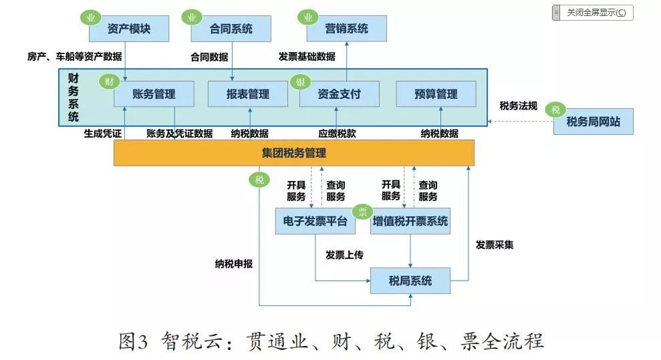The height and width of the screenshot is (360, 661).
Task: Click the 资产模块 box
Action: click(129, 29)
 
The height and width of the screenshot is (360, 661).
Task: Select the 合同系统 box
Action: click(231, 29)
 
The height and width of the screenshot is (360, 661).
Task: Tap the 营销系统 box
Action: click(347, 29)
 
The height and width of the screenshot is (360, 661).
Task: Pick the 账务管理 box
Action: click(154, 94)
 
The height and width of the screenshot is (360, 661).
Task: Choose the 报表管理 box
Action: click(248, 94)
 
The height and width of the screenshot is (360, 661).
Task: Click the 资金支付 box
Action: click(339, 94)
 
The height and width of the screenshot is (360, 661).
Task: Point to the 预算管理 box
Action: click(436, 94)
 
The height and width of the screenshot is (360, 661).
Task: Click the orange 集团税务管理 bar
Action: click(294, 153)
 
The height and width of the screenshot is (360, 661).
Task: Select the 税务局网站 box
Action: click(593, 122)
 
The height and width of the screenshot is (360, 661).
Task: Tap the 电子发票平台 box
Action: click(315, 221)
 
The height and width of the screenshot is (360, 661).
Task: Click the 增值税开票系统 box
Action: click(410, 221)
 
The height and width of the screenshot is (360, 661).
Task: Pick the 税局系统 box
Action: click(410, 281)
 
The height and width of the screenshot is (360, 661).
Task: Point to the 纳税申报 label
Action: click(234, 263)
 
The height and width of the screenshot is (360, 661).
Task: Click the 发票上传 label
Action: click(345, 254)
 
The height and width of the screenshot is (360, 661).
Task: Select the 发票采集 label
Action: click(495, 244)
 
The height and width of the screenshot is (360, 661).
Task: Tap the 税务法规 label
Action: click(519, 106)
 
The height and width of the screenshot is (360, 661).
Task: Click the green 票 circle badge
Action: click(363, 212)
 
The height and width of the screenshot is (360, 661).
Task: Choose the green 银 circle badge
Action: click(300, 82)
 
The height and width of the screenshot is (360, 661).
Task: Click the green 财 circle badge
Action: click(109, 82)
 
